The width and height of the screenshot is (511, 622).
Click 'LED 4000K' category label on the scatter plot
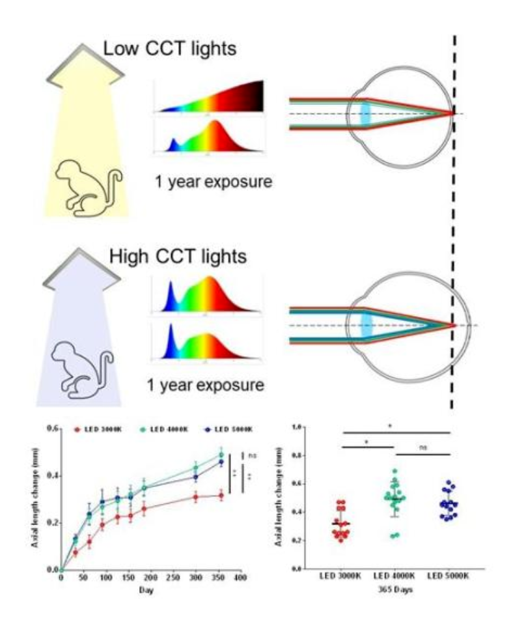click(x=391, y=578)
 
